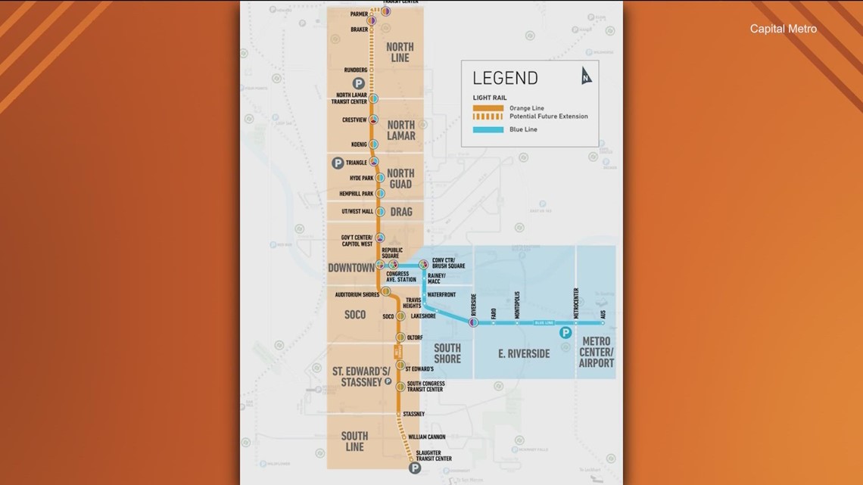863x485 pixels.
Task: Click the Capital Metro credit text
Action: coord(783,29)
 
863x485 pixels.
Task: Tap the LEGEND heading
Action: coord(505,78)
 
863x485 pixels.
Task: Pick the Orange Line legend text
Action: coord(527,107)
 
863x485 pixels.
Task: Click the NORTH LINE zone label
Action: coord(400,51)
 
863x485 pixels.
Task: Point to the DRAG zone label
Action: coord(400,212)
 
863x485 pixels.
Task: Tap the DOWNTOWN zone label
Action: coord(351,267)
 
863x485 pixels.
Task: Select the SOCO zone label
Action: coord(354,314)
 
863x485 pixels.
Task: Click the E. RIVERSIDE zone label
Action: coord(524,353)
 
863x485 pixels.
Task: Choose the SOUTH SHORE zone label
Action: coord(447,353)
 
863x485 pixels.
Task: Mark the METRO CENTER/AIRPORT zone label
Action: coord(597,353)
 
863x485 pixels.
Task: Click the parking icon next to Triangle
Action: coord(338,163)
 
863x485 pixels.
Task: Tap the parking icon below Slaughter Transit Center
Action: coord(415,469)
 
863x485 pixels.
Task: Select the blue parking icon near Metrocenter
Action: coord(564,332)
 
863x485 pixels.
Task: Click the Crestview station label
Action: coord(354,120)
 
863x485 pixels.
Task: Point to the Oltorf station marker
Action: coord(401,337)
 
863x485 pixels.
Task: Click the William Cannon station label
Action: coord(426,437)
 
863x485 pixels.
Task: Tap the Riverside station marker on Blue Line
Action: coord(472,322)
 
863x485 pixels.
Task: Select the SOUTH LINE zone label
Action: coord(354,441)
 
